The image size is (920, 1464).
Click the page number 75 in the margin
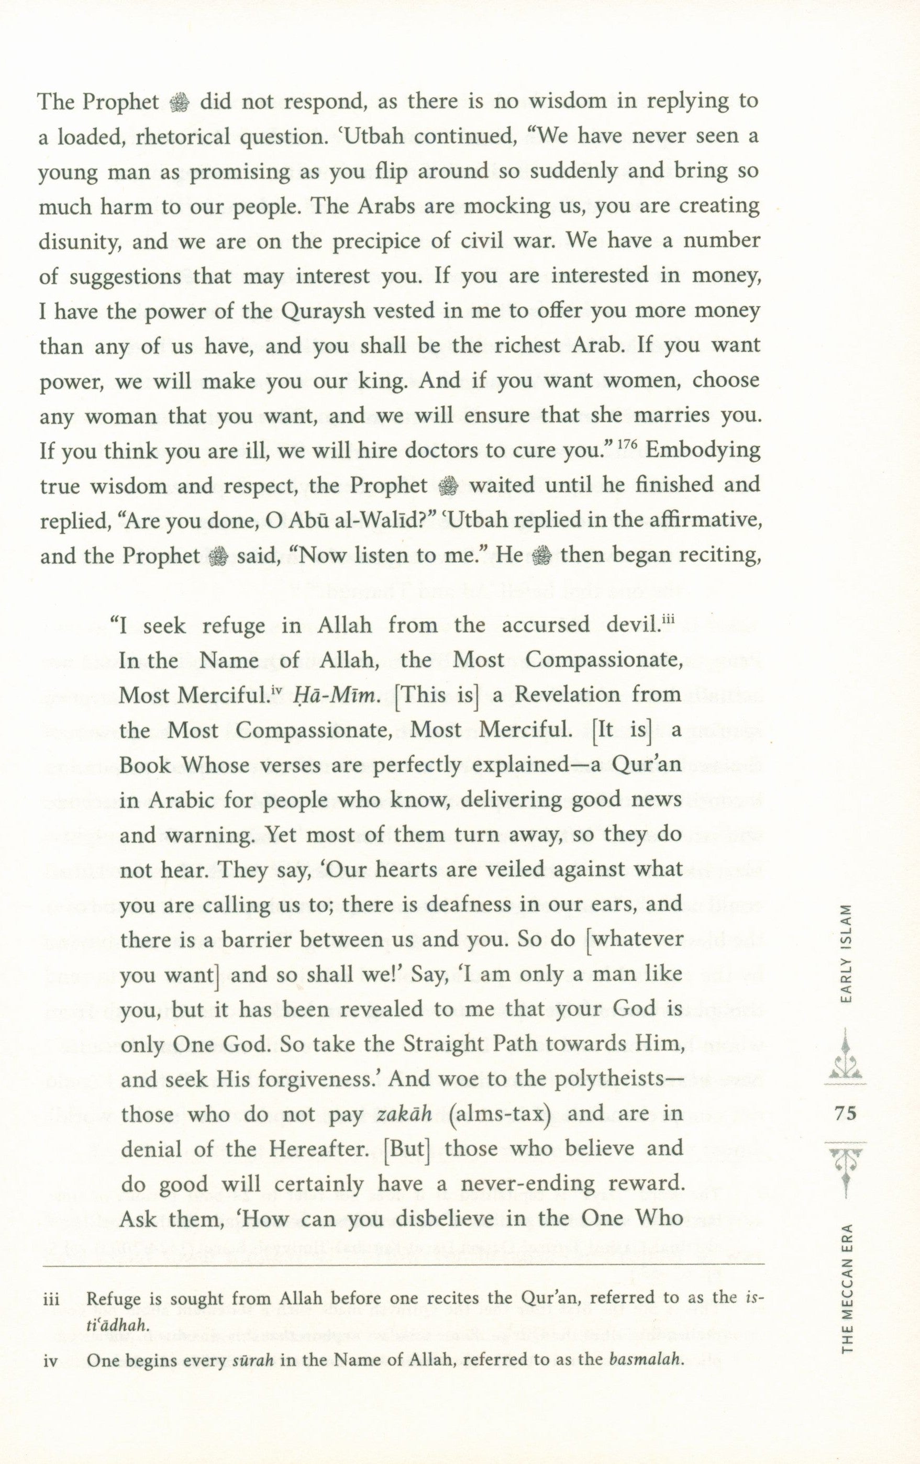point(845,1113)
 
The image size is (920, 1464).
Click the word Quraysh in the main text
point(313,311)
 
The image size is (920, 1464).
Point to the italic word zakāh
point(404,1114)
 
